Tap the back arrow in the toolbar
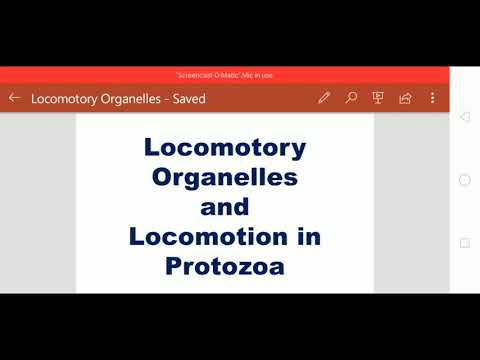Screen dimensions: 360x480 pos(14,98)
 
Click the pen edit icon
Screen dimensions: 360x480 pos(324,98)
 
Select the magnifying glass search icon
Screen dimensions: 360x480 pos(351,98)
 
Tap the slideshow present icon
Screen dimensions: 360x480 pos(378,98)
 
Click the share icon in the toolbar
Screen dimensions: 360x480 pos(405,98)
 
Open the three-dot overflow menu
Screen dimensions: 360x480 pos(432,98)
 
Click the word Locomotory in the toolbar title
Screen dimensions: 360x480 pos(65,99)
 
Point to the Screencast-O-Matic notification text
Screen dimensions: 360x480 pos(225,75)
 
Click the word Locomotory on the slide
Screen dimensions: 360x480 pos(225,148)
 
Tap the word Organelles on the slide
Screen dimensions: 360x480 pos(225,178)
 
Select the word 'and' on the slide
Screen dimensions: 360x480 pos(225,208)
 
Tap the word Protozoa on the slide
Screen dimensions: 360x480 pos(225,268)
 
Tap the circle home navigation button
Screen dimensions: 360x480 pos(464,180)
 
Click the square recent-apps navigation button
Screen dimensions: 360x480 pos(464,243)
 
